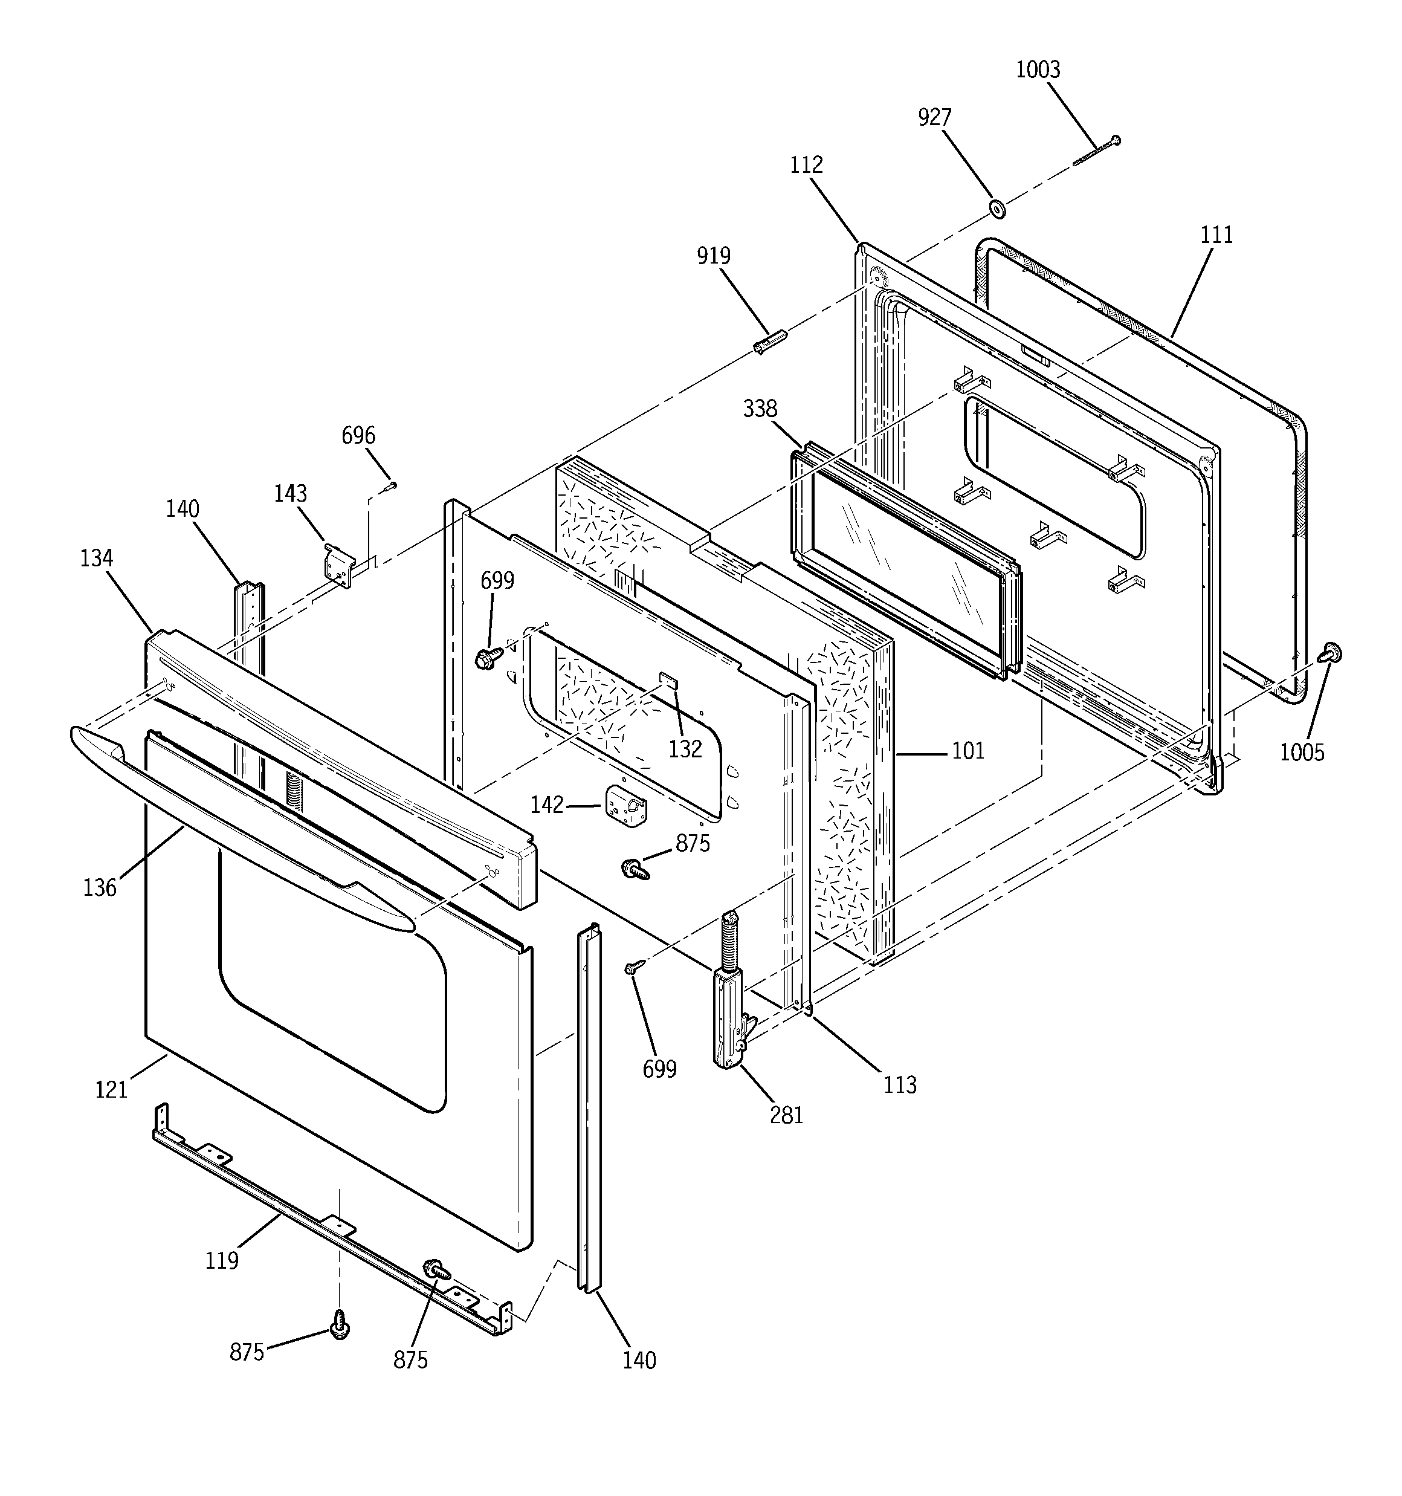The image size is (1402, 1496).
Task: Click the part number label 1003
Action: point(1038,70)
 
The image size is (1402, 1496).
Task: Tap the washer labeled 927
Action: point(998,209)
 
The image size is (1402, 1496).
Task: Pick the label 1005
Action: point(1302,752)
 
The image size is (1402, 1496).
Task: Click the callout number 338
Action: point(760,409)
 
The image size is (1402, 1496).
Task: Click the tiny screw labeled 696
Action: point(389,487)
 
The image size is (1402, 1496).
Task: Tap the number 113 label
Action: point(900,1084)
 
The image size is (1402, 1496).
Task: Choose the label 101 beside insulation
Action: point(968,750)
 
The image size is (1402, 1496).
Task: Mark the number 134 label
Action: point(96,558)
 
